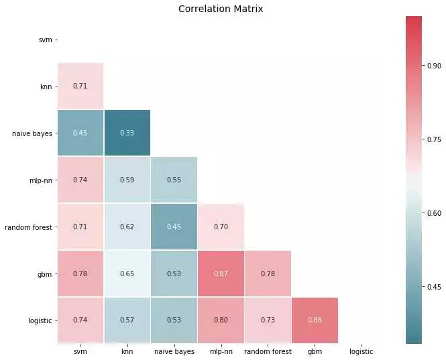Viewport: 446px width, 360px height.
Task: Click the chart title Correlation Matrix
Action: [221, 9]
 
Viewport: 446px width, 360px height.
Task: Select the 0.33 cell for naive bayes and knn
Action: [127, 133]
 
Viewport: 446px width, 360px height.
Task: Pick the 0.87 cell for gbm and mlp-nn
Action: [221, 274]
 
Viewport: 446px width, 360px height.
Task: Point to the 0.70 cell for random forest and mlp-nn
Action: [221, 227]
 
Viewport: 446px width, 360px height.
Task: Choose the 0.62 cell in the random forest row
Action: [127, 227]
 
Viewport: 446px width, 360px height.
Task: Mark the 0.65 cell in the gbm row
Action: [127, 274]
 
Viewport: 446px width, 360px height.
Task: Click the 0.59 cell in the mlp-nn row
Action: [127, 180]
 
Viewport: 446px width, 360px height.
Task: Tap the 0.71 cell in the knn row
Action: [80, 86]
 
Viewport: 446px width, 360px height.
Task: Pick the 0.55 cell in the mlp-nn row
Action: [174, 180]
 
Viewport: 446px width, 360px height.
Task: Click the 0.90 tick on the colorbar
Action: [435, 66]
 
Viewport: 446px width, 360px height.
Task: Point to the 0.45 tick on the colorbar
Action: [435, 287]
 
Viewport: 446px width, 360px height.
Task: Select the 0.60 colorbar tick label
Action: [435, 213]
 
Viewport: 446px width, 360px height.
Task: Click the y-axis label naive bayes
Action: [32, 133]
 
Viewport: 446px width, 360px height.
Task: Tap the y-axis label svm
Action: [45, 40]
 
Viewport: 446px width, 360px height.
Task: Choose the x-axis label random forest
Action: [268, 351]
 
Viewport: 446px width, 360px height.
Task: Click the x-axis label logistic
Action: [361, 351]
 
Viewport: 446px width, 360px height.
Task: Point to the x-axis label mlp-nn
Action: [221, 351]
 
